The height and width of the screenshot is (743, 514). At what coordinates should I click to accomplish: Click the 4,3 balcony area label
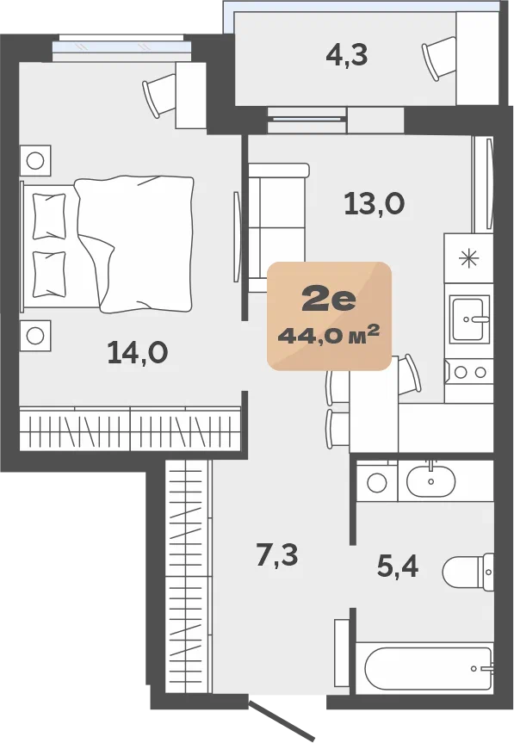pos(347,56)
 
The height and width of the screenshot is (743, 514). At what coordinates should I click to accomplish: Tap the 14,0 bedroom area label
pos(138,353)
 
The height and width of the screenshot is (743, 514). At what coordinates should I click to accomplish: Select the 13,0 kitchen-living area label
pos(375,205)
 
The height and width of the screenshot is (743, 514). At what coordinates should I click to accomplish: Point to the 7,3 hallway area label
pos(277,555)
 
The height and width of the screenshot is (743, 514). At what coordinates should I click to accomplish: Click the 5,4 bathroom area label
pos(398,567)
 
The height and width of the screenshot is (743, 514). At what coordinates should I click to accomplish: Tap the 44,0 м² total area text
pos(329,336)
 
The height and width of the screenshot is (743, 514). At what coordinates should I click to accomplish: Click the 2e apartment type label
pos(329,300)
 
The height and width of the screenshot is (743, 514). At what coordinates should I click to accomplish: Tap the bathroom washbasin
pos(430,480)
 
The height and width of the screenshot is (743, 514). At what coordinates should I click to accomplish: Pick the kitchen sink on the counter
pos(469,319)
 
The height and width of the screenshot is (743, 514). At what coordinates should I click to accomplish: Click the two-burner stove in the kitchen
pos(469,372)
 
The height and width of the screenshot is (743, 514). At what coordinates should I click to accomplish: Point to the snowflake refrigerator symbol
pos(469,258)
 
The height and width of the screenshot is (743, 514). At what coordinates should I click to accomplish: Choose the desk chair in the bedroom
pos(159,95)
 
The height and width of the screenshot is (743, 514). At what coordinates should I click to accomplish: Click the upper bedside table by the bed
pos(35,161)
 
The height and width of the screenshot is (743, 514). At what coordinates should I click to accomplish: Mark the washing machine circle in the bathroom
pos(377,483)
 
